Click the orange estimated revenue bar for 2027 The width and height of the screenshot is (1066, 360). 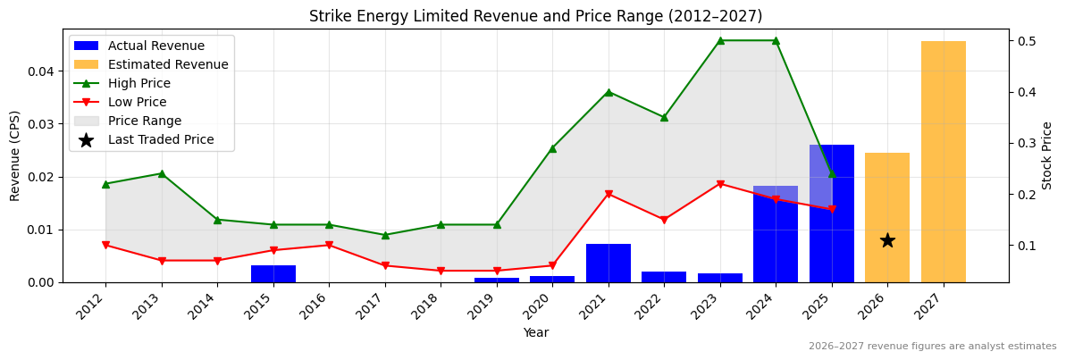(x=943, y=162)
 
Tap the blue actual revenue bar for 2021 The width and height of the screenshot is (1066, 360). (x=609, y=263)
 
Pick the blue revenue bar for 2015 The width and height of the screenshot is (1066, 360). (x=273, y=273)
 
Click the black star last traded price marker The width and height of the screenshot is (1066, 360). (x=887, y=240)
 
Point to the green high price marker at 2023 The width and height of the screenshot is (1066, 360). (x=720, y=40)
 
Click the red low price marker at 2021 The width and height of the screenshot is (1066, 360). (x=609, y=194)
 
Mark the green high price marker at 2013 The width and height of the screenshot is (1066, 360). (x=162, y=173)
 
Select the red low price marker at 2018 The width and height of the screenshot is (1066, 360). (x=441, y=271)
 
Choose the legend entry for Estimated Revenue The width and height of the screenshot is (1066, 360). (x=168, y=64)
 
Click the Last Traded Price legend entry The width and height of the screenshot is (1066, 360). (x=161, y=139)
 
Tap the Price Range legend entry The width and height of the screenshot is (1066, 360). (x=145, y=121)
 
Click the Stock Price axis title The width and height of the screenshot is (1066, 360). (x=1047, y=155)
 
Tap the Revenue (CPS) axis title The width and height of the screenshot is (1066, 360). (x=15, y=155)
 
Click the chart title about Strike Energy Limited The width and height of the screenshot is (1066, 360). (x=535, y=16)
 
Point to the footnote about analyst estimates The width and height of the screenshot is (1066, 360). (x=932, y=347)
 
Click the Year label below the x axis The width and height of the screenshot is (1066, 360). (x=535, y=332)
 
